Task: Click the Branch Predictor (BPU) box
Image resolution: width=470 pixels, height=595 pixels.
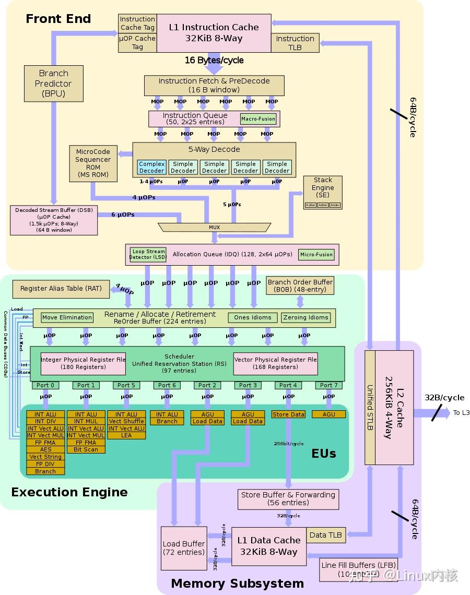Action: click(x=53, y=84)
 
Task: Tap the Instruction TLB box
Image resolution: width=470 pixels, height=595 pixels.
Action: click(x=295, y=43)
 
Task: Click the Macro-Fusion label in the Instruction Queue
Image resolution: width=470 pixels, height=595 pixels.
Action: click(x=258, y=119)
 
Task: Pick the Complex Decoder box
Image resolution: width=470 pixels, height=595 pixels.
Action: click(x=151, y=167)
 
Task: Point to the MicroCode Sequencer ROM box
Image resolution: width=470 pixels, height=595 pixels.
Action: click(x=93, y=163)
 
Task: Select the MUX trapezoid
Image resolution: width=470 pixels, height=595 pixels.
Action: click(x=214, y=228)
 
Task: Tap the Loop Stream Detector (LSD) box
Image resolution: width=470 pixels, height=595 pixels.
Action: click(x=148, y=254)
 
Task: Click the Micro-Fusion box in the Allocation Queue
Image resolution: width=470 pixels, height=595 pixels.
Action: click(x=316, y=255)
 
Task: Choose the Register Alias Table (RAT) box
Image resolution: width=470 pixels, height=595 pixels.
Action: click(x=61, y=289)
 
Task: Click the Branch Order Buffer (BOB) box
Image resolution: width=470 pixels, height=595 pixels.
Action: click(x=300, y=285)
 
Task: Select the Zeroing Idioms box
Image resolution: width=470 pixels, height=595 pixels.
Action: click(x=305, y=317)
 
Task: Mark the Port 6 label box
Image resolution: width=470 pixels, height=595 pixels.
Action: click(x=167, y=385)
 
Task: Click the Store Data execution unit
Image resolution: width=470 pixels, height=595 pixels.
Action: click(x=288, y=414)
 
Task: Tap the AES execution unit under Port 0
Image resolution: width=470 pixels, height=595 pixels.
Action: click(x=45, y=449)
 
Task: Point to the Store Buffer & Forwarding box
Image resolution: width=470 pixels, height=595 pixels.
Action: click(x=288, y=498)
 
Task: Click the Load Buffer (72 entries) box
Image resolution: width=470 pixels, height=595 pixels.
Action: click(x=183, y=548)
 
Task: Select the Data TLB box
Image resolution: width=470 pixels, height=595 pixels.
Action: click(x=325, y=535)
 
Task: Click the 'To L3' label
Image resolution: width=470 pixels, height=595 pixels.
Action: click(x=461, y=413)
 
